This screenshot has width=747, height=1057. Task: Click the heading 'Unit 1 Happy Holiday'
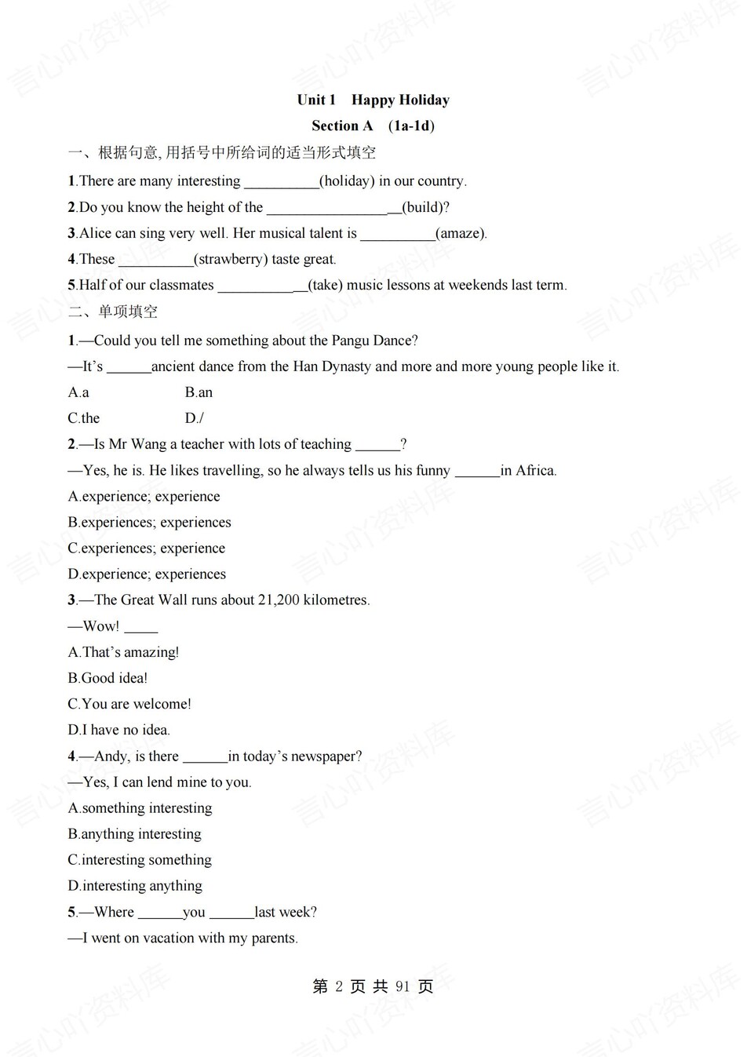click(x=373, y=100)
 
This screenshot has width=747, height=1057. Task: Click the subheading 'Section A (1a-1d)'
click(x=373, y=126)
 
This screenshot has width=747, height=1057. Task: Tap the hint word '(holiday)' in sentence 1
click(x=347, y=181)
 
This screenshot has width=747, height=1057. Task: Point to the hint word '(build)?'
click(x=426, y=207)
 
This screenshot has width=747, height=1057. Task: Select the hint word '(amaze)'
click(x=461, y=233)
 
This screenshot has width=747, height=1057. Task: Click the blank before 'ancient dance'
click(x=129, y=366)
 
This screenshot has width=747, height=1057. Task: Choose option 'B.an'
click(x=199, y=392)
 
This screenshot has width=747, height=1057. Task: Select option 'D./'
click(x=194, y=418)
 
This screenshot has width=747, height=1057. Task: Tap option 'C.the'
click(x=84, y=418)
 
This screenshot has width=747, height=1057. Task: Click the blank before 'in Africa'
click(x=477, y=471)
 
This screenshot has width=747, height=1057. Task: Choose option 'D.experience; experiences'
click(x=147, y=574)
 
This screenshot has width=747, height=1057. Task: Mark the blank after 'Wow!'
click(x=141, y=627)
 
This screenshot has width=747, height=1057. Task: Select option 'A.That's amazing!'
click(x=123, y=652)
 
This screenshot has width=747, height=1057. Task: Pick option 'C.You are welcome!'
click(x=129, y=704)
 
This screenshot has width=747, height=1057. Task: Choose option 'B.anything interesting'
click(x=134, y=834)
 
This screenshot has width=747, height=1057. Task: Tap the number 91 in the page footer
click(x=403, y=987)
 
